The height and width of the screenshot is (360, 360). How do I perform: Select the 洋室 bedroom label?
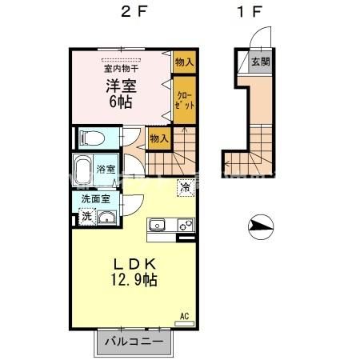[120, 86]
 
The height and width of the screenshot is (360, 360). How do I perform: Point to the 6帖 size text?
[120, 102]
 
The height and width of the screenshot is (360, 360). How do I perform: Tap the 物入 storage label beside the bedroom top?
[184, 60]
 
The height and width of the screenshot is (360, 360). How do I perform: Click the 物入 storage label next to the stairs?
[159, 138]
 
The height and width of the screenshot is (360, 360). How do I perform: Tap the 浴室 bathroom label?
[106, 170]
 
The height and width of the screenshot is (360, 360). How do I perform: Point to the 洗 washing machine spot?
[86, 215]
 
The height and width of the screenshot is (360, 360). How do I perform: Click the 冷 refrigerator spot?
[184, 189]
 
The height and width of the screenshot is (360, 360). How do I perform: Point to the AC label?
[185, 317]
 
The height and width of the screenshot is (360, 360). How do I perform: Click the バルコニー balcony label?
[135, 342]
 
